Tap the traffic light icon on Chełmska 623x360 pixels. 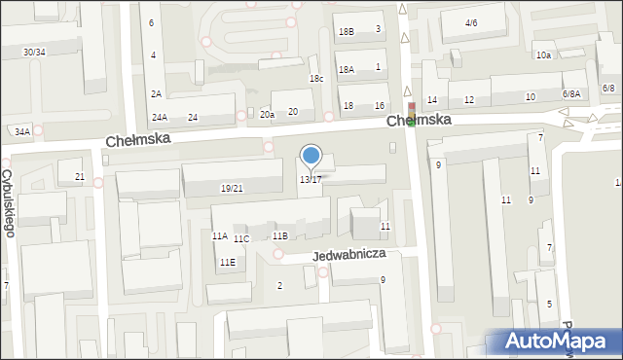412,113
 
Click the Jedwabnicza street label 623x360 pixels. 349,254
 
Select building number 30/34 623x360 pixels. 34,52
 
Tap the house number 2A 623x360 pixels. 156,93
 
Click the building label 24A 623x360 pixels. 159,118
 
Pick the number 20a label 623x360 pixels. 267,114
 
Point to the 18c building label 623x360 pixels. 316,78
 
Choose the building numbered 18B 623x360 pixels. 347,31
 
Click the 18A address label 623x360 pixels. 346,69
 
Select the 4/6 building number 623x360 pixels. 471,22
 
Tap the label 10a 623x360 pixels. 543,55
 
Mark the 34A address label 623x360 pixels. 22,130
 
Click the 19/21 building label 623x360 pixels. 232,189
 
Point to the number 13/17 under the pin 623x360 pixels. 310,180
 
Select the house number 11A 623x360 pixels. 220,235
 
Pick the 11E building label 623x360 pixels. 227,262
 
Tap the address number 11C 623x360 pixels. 241,239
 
